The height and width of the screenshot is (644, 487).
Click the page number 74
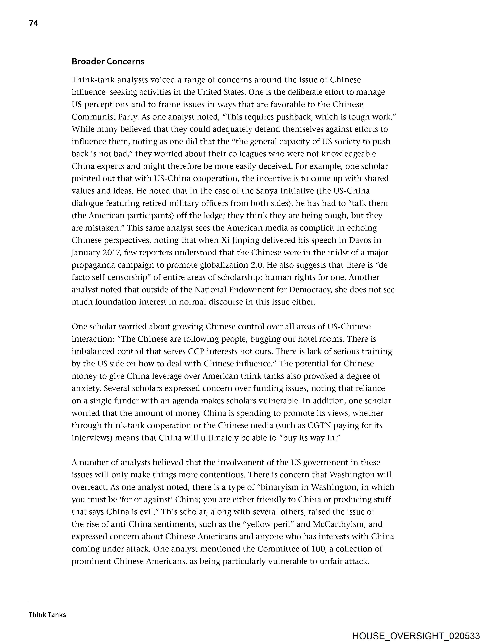(x=33, y=23)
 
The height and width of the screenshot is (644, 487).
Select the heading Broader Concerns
(x=108, y=61)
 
